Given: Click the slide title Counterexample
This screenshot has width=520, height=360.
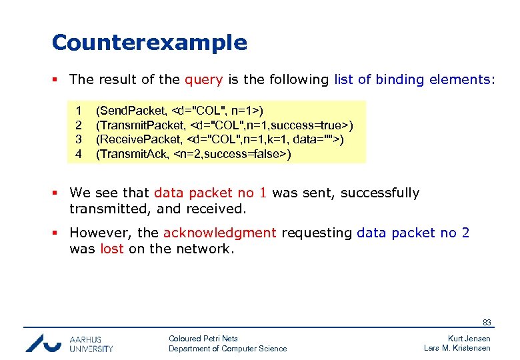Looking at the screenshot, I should point(149,43).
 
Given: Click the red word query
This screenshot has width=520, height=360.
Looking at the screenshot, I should point(203,80).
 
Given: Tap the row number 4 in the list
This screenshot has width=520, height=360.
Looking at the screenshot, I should point(79,154).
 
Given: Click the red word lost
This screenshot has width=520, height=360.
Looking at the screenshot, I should point(112,249).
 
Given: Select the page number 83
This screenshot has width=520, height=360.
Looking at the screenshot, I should point(487,323).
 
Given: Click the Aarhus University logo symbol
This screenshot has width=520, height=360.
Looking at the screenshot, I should point(43,342).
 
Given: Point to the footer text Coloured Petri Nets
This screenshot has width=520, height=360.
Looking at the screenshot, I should point(203,339).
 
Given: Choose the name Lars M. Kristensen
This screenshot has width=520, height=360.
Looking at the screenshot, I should point(457,348).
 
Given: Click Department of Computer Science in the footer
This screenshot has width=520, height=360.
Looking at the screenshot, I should point(227,349).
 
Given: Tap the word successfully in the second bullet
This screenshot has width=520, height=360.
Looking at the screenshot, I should point(380,193).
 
